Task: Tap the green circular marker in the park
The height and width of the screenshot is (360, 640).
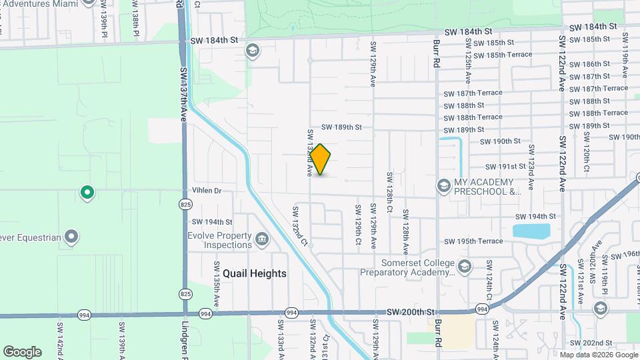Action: [87, 193]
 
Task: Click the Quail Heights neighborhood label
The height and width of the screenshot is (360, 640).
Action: [255, 273]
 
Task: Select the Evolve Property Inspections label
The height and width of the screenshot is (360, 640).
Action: [219, 240]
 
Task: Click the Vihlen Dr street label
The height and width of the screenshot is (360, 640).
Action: [206, 191]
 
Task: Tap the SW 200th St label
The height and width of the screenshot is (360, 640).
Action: [411, 312]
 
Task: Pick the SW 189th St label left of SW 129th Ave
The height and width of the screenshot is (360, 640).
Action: [341, 127]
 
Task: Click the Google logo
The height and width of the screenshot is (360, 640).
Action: [22, 352]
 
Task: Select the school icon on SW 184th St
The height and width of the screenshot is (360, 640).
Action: [253, 51]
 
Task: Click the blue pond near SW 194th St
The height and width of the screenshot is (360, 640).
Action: [531, 231]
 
